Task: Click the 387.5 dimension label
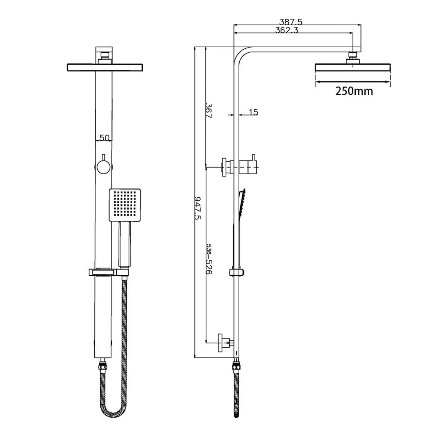[x=291, y=22]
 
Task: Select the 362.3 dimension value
[x=286, y=30]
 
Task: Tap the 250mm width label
[x=354, y=91]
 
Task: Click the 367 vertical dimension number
[x=208, y=111]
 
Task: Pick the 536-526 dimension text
[x=209, y=259]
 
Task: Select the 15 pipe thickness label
[x=253, y=112]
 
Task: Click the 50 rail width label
[x=104, y=138]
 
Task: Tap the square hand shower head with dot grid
[x=125, y=205]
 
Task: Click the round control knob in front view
[x=104, y=168]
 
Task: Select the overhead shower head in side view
[x=353, y=68]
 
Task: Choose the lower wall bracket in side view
[x=226, y=342]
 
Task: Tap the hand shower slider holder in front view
[x=108, y=272]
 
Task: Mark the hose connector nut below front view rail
[x=104, y=364]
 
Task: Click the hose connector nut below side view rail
[x=235, y=365]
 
